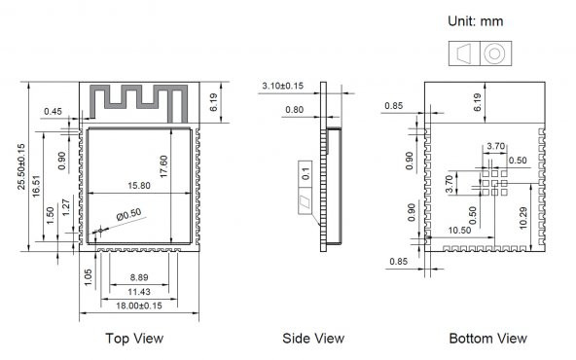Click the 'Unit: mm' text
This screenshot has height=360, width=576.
coord(476,21)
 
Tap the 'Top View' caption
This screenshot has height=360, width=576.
coord(134,339)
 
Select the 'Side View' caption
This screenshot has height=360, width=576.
coord(313,339)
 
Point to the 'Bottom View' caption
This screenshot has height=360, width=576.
coord(487,339)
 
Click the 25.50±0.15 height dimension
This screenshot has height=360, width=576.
coord(21,166)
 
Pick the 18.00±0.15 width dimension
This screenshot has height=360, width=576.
coord(139,306)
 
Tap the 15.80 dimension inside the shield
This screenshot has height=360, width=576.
coord(139,186)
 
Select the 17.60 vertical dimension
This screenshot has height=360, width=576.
coord(163,166)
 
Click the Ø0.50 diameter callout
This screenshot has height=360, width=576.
coord(129,214)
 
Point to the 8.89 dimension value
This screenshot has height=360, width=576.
coord(139,277)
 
